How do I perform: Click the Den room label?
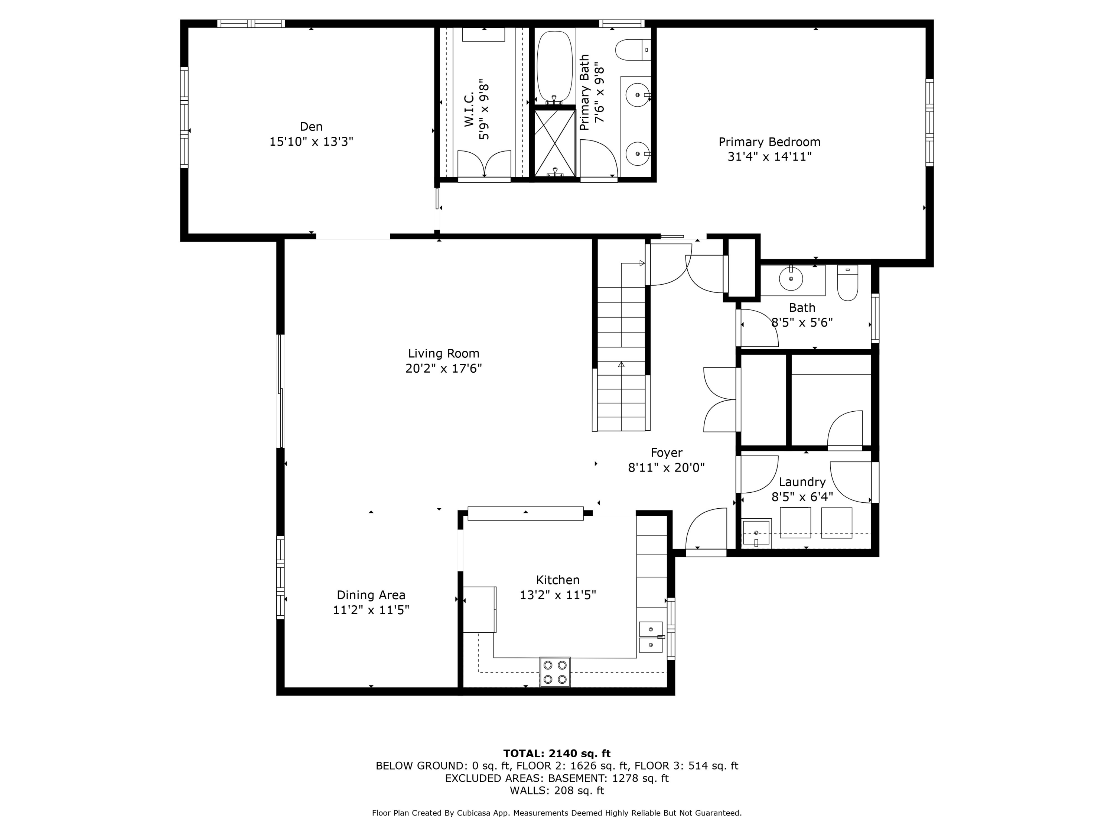point(311,126)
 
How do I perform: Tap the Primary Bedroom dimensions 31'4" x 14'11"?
point(769,157)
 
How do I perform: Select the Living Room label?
point(443,353)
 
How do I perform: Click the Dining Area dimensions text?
point(371,610)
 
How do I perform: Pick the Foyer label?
point(666,453)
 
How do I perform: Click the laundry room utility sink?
point(756,533)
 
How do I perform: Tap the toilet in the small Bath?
point(848,284)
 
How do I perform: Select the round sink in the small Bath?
point(791,279)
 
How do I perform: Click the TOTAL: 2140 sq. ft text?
point(557,754)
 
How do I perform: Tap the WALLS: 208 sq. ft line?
point(557,790)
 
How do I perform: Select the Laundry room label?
point(802,482)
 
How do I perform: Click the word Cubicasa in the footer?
point(475,813)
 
